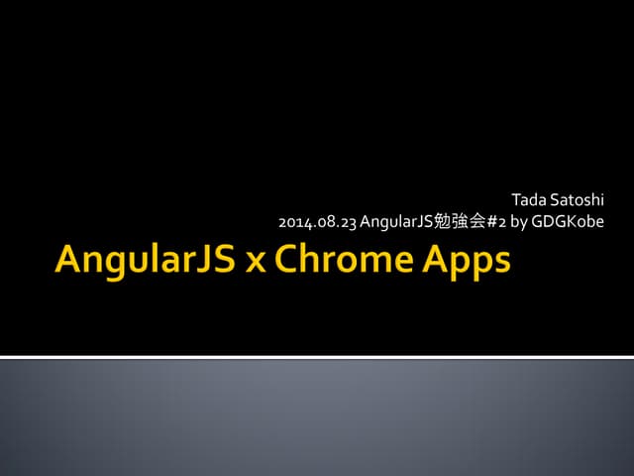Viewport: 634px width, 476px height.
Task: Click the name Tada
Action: click(x=527, y=202)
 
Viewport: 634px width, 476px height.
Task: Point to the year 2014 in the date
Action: click(x=293, y=221)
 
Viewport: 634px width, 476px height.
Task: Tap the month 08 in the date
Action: click(x=321, y=221)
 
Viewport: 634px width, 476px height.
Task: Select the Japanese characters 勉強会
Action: click(x=456, y=221)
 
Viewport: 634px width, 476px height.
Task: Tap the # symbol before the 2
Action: click(x=489, y=221)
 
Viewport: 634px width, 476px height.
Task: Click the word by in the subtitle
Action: click(x=518, y=221)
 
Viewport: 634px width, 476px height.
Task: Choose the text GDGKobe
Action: click(x=568, y=221)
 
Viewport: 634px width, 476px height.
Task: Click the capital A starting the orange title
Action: click(x=70, y=260)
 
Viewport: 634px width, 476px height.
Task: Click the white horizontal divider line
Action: click(x=317, y=356)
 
